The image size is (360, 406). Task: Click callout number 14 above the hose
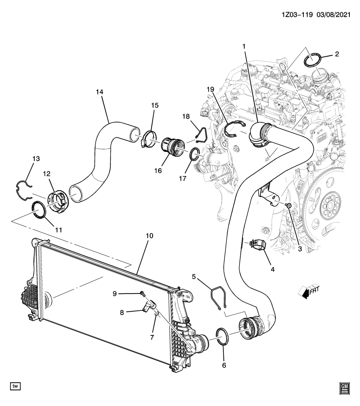point(99,91)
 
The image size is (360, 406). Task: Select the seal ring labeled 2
point(313,59)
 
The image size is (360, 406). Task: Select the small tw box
point(15,386)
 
